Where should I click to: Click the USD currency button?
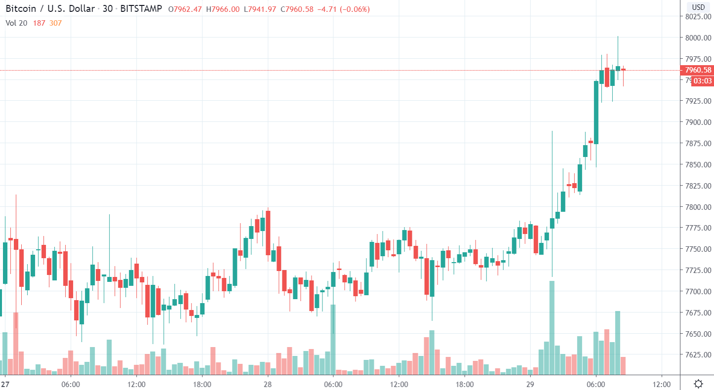698,7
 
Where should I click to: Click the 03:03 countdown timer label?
702,81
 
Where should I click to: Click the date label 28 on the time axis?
268,384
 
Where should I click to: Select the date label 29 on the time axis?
530,384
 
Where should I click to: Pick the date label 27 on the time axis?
5,384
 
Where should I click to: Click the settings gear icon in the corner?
698,384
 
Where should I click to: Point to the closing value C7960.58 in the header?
297,9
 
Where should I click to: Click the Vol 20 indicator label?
17,23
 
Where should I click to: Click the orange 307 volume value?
55,23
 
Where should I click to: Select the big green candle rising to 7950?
596,112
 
